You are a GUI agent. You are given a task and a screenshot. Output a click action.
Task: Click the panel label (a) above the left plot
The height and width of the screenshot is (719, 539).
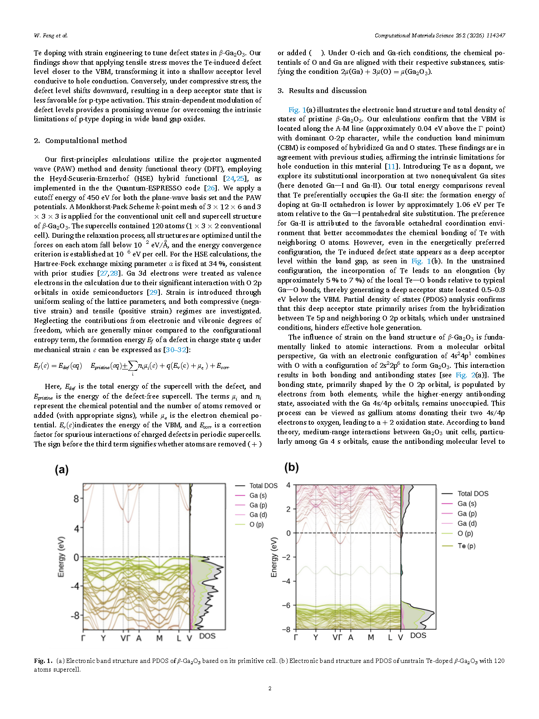point(61,469)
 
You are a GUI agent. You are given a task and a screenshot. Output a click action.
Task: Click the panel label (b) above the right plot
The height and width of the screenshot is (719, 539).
point(291,467)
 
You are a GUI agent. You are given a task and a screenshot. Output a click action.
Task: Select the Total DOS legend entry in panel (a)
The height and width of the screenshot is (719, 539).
point(263,486)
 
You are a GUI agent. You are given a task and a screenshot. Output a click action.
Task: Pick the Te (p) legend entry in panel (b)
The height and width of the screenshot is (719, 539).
point(466,546)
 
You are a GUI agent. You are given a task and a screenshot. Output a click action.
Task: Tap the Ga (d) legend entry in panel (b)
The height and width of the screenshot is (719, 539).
point(467,523)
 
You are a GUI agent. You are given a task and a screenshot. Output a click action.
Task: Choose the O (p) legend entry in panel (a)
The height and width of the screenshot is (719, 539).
point(256,524)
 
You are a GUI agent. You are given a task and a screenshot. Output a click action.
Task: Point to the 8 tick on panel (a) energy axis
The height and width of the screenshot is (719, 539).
point(76,499)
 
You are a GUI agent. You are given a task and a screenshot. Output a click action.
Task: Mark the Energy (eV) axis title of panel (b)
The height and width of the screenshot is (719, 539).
point(274,557)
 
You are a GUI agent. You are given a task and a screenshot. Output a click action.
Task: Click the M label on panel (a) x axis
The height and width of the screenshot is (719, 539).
point(159,638)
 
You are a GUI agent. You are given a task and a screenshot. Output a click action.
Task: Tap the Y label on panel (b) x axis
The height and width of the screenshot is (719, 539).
point(316,637)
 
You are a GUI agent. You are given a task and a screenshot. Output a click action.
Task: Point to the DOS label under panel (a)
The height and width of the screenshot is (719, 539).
point(207,636)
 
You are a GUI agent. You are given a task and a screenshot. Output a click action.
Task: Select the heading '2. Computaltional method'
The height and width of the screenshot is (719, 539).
point(80,140)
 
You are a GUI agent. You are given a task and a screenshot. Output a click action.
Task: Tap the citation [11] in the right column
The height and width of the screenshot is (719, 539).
point(391,166)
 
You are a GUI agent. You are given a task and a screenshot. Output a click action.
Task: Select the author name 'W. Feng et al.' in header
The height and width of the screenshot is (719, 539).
point(51,36)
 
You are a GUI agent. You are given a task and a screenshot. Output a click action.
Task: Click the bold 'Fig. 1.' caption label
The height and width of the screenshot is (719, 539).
point(43,661)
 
